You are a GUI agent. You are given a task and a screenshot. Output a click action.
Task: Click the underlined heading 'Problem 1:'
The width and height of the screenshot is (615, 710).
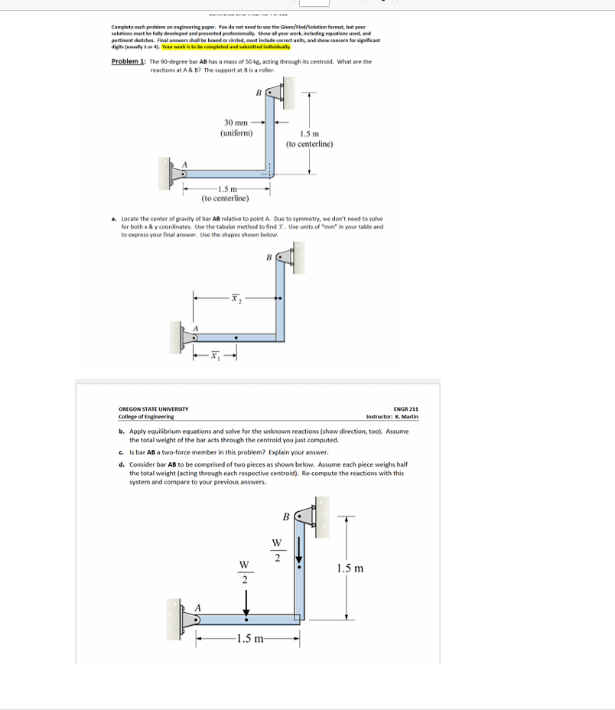(x=129, y=62)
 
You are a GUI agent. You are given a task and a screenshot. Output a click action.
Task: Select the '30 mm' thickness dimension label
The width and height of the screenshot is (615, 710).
(x=236, y=122)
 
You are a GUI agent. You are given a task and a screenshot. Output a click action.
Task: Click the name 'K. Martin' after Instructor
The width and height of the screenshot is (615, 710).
(x=406, y=417)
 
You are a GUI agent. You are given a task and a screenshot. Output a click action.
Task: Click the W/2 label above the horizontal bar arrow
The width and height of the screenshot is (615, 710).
(x=245, y=572)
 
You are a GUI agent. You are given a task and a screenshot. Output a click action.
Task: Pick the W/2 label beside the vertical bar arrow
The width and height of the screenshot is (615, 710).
(x=276, y=551)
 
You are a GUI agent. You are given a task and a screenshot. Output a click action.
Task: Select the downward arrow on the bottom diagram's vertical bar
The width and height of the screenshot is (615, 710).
(x=299, y=547)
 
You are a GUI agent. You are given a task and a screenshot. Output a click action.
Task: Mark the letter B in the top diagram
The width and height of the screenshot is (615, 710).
(x=259, y=93)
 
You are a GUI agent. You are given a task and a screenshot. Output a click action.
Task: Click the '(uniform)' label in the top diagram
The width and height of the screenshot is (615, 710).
(x=236, y=133)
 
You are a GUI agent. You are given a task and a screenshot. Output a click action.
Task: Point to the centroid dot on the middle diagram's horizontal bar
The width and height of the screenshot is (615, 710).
(x=236, y=335)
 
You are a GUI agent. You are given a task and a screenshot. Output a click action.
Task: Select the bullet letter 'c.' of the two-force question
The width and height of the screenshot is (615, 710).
(x=122, y=453)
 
